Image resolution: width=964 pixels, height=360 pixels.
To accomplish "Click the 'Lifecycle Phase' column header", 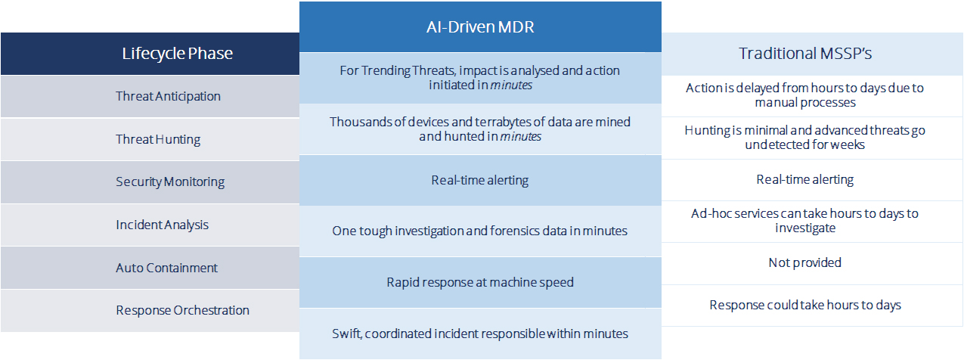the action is click(178, 54).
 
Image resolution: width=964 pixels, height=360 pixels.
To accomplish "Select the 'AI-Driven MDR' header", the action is click(480, 27).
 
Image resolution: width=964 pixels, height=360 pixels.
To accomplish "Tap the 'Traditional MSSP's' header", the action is click(804, 54).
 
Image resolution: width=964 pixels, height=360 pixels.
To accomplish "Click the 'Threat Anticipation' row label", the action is click(168, 96).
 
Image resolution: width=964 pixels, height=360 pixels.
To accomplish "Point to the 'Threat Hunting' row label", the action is click(158, 139).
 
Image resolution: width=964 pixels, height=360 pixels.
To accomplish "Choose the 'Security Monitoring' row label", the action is click(170, 182).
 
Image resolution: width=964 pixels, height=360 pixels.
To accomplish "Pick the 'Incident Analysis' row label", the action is click(162, 225).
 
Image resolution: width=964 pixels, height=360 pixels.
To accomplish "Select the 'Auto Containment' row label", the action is click(166, 268).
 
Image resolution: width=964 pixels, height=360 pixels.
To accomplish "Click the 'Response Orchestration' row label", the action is click(182, 310).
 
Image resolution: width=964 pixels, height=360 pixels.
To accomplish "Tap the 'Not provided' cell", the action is click(804, 262).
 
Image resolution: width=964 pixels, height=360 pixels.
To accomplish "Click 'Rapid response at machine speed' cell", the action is click(480, 283).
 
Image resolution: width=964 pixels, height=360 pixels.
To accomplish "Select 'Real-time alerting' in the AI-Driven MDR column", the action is click(480, 180).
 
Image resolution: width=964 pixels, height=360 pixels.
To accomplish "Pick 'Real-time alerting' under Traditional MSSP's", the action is click(804, 179).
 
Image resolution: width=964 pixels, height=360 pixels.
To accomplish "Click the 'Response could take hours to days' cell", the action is click(804, 306).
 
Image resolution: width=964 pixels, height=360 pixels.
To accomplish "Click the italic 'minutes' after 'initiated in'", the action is click(511, 85).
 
